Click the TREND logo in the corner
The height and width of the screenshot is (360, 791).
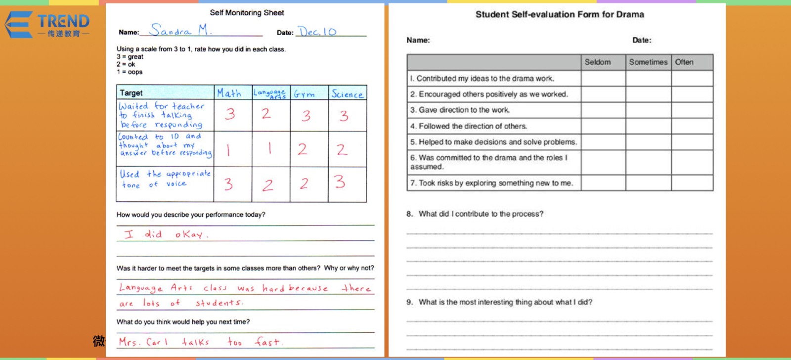[48, 24]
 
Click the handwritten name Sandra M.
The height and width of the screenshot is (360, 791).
[180, 31]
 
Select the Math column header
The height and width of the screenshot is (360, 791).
[229, 93]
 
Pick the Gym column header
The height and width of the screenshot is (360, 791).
[305, 93]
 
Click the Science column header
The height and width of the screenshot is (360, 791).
[347, 93]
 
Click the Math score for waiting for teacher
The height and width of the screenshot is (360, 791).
[230, 114]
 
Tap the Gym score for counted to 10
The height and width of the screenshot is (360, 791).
[303, 149]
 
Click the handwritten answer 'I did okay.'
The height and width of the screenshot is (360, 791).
[166, 234]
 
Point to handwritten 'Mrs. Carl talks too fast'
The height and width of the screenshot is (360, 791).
[200, 342]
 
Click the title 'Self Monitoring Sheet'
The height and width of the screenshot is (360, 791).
[247, 12]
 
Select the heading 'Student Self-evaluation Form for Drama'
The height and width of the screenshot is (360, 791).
[560, 14]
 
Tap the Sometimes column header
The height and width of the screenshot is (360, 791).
[648, 62]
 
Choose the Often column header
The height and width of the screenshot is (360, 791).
[692, 62]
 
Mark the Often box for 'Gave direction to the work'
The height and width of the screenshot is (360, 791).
[692, 110]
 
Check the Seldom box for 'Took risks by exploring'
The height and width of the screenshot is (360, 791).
[603, 183]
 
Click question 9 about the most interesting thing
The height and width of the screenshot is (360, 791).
[504, 302]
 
